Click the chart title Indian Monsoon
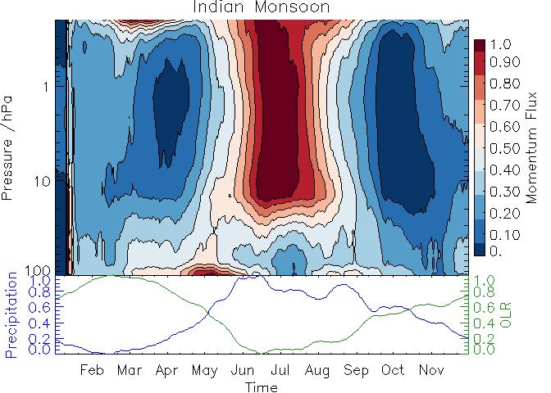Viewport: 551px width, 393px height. pyautogui.click(x=262, y=7)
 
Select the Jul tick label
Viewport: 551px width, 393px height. pyautogui.click(x=279, y=370)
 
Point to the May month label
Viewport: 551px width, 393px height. pyautogui.click(x=204, y=370)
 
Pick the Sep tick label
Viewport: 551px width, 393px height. pyautogui.click(x=356, y=370)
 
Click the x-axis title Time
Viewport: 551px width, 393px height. pyautogui.click(x=262, y=386)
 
